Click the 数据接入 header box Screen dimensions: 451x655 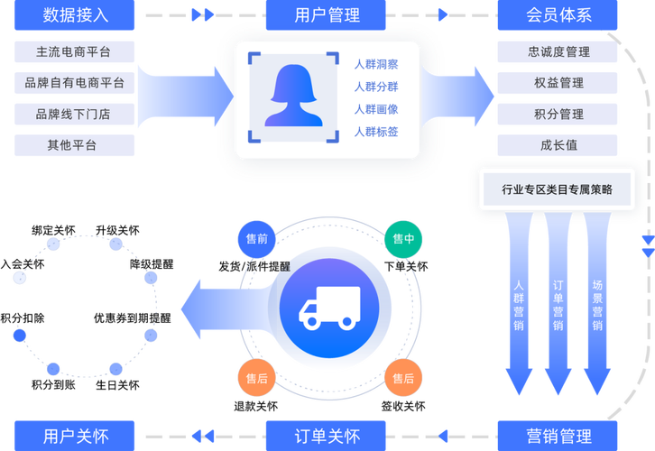click(x=75, y=15)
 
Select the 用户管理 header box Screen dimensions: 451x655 click(x=327, y=15)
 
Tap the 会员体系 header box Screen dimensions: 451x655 click(x=558, y=15)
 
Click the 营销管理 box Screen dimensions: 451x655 click(x=558, y=436)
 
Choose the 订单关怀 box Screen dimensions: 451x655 click(x=327, y=436)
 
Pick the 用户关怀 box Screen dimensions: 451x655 click(x=75, y=436)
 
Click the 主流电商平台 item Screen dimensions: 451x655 click(x=75, y=52)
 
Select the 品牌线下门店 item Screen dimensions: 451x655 click(x=75, y=115)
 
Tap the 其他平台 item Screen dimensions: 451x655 click(x=75, y=145)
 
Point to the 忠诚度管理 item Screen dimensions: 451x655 click(x=558, y=52)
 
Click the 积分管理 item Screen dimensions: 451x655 click(x=558, y=115)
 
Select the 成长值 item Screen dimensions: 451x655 click(x=558, y=145)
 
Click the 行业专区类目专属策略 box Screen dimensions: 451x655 click(x=557, y=189)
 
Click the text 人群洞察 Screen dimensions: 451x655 click(x=375, y=64)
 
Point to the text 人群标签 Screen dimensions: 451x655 click(x=375, y=132)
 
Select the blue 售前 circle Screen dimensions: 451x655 click(x=256, y=240)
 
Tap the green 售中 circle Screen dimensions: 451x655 click(x=402, y=239)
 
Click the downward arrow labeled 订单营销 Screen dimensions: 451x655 click(x=558, y=307)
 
